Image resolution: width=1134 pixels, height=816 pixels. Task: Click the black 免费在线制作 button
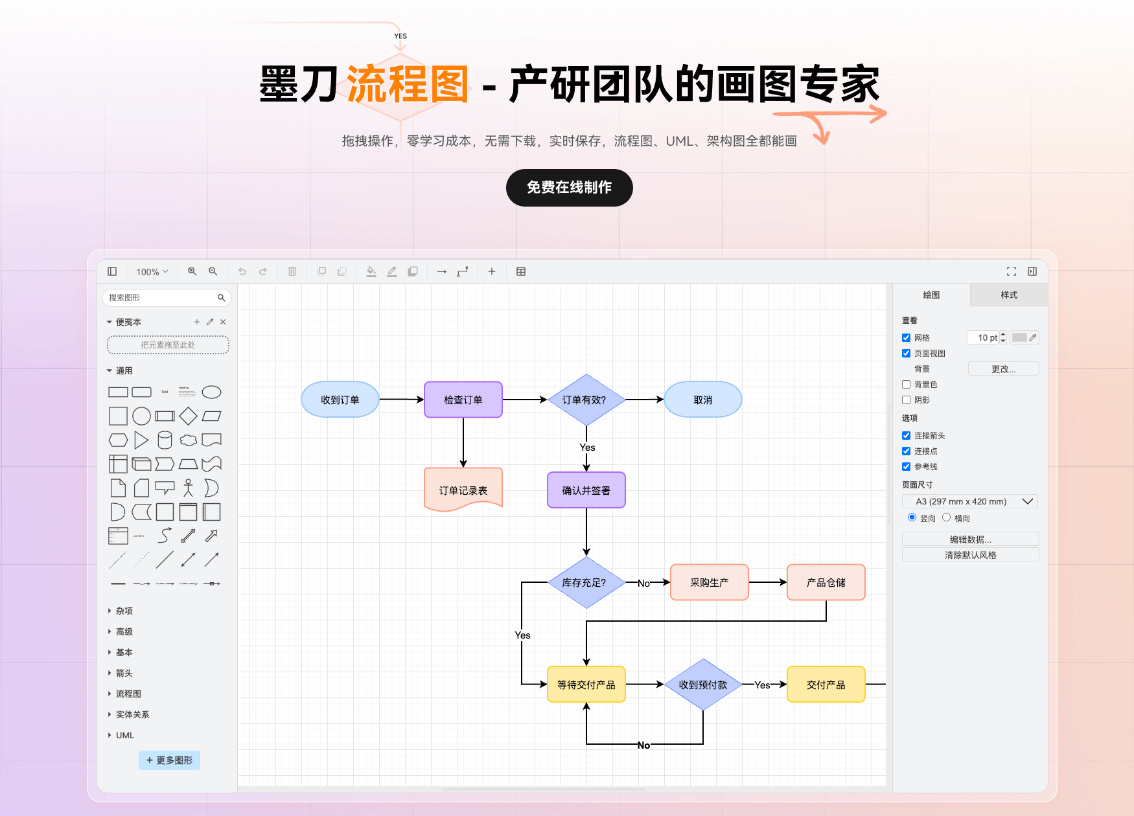[x=569, y=188]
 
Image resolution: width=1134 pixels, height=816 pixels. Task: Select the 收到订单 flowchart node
[x=340, y=400]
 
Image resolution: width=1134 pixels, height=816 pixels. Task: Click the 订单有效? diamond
[x=586, y=400]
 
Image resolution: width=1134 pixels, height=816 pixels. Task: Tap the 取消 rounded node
[x=702, y=400]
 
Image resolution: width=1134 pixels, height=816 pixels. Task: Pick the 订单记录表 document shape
[x=463, y=490]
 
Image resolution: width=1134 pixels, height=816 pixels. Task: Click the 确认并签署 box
[x=586, y=490]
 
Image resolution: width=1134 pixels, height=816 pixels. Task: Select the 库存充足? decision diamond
[x=586, y=582]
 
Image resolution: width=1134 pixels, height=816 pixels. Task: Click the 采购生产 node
[x=709, y=582]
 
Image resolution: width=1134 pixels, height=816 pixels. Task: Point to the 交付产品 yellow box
[x=826, y=685]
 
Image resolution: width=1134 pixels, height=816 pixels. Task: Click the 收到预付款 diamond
[x=702, y=685]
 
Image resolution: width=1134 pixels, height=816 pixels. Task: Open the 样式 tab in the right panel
[x=1008, y=295]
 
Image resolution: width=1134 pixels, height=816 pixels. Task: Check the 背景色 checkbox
[x=906, y=385]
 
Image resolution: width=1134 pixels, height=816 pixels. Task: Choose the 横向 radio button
[x=946, y=517]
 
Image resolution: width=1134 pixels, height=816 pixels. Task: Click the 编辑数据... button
[x=970, y=539]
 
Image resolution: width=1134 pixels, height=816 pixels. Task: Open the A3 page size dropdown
[x=970, y=501]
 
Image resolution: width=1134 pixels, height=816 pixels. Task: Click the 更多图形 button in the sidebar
[x=169, y=760]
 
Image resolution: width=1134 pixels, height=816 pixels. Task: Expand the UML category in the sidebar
[x=124, y=735]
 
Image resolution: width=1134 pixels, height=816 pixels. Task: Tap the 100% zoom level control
[x=152, y=272]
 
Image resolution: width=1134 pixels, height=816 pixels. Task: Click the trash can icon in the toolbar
[x=292, y=271]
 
